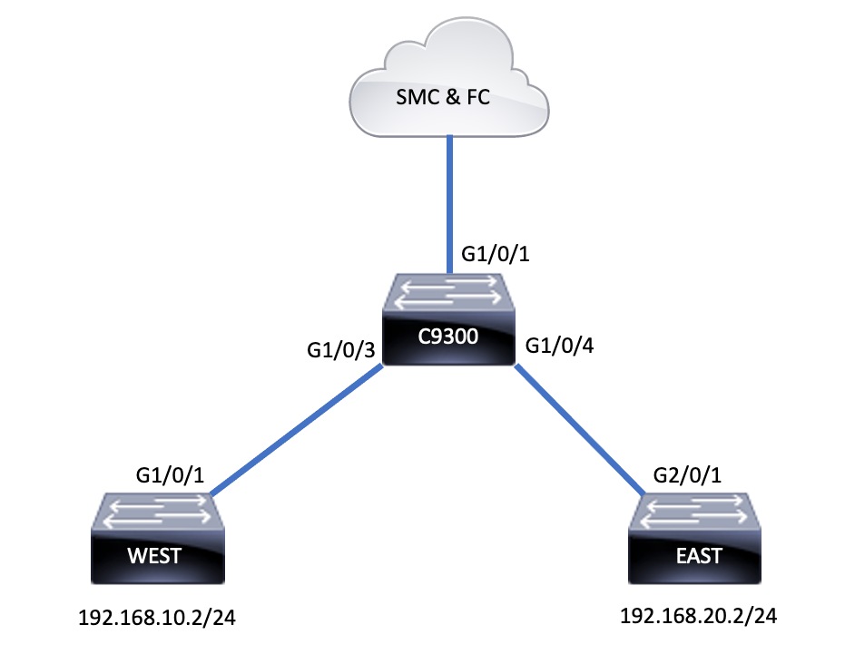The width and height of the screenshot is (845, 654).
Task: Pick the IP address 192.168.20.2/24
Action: click(x=698, y=617)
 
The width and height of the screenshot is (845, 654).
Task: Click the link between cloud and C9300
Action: click(x=448, y=204)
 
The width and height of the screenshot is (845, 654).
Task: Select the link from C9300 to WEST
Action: click(x=295, y=430)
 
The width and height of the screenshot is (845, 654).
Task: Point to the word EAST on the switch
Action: click(x=693, y=554)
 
